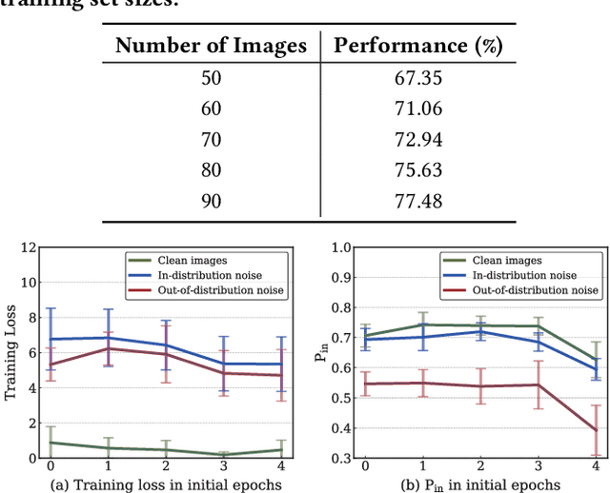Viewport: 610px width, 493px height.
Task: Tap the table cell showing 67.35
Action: (x=417, y=77)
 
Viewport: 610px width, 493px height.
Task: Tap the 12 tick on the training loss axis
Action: (x=30, y=248)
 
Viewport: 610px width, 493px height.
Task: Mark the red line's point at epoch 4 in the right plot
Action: (x=595, y=429)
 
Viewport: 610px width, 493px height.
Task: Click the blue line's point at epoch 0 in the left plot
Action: (x=51, y=339)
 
